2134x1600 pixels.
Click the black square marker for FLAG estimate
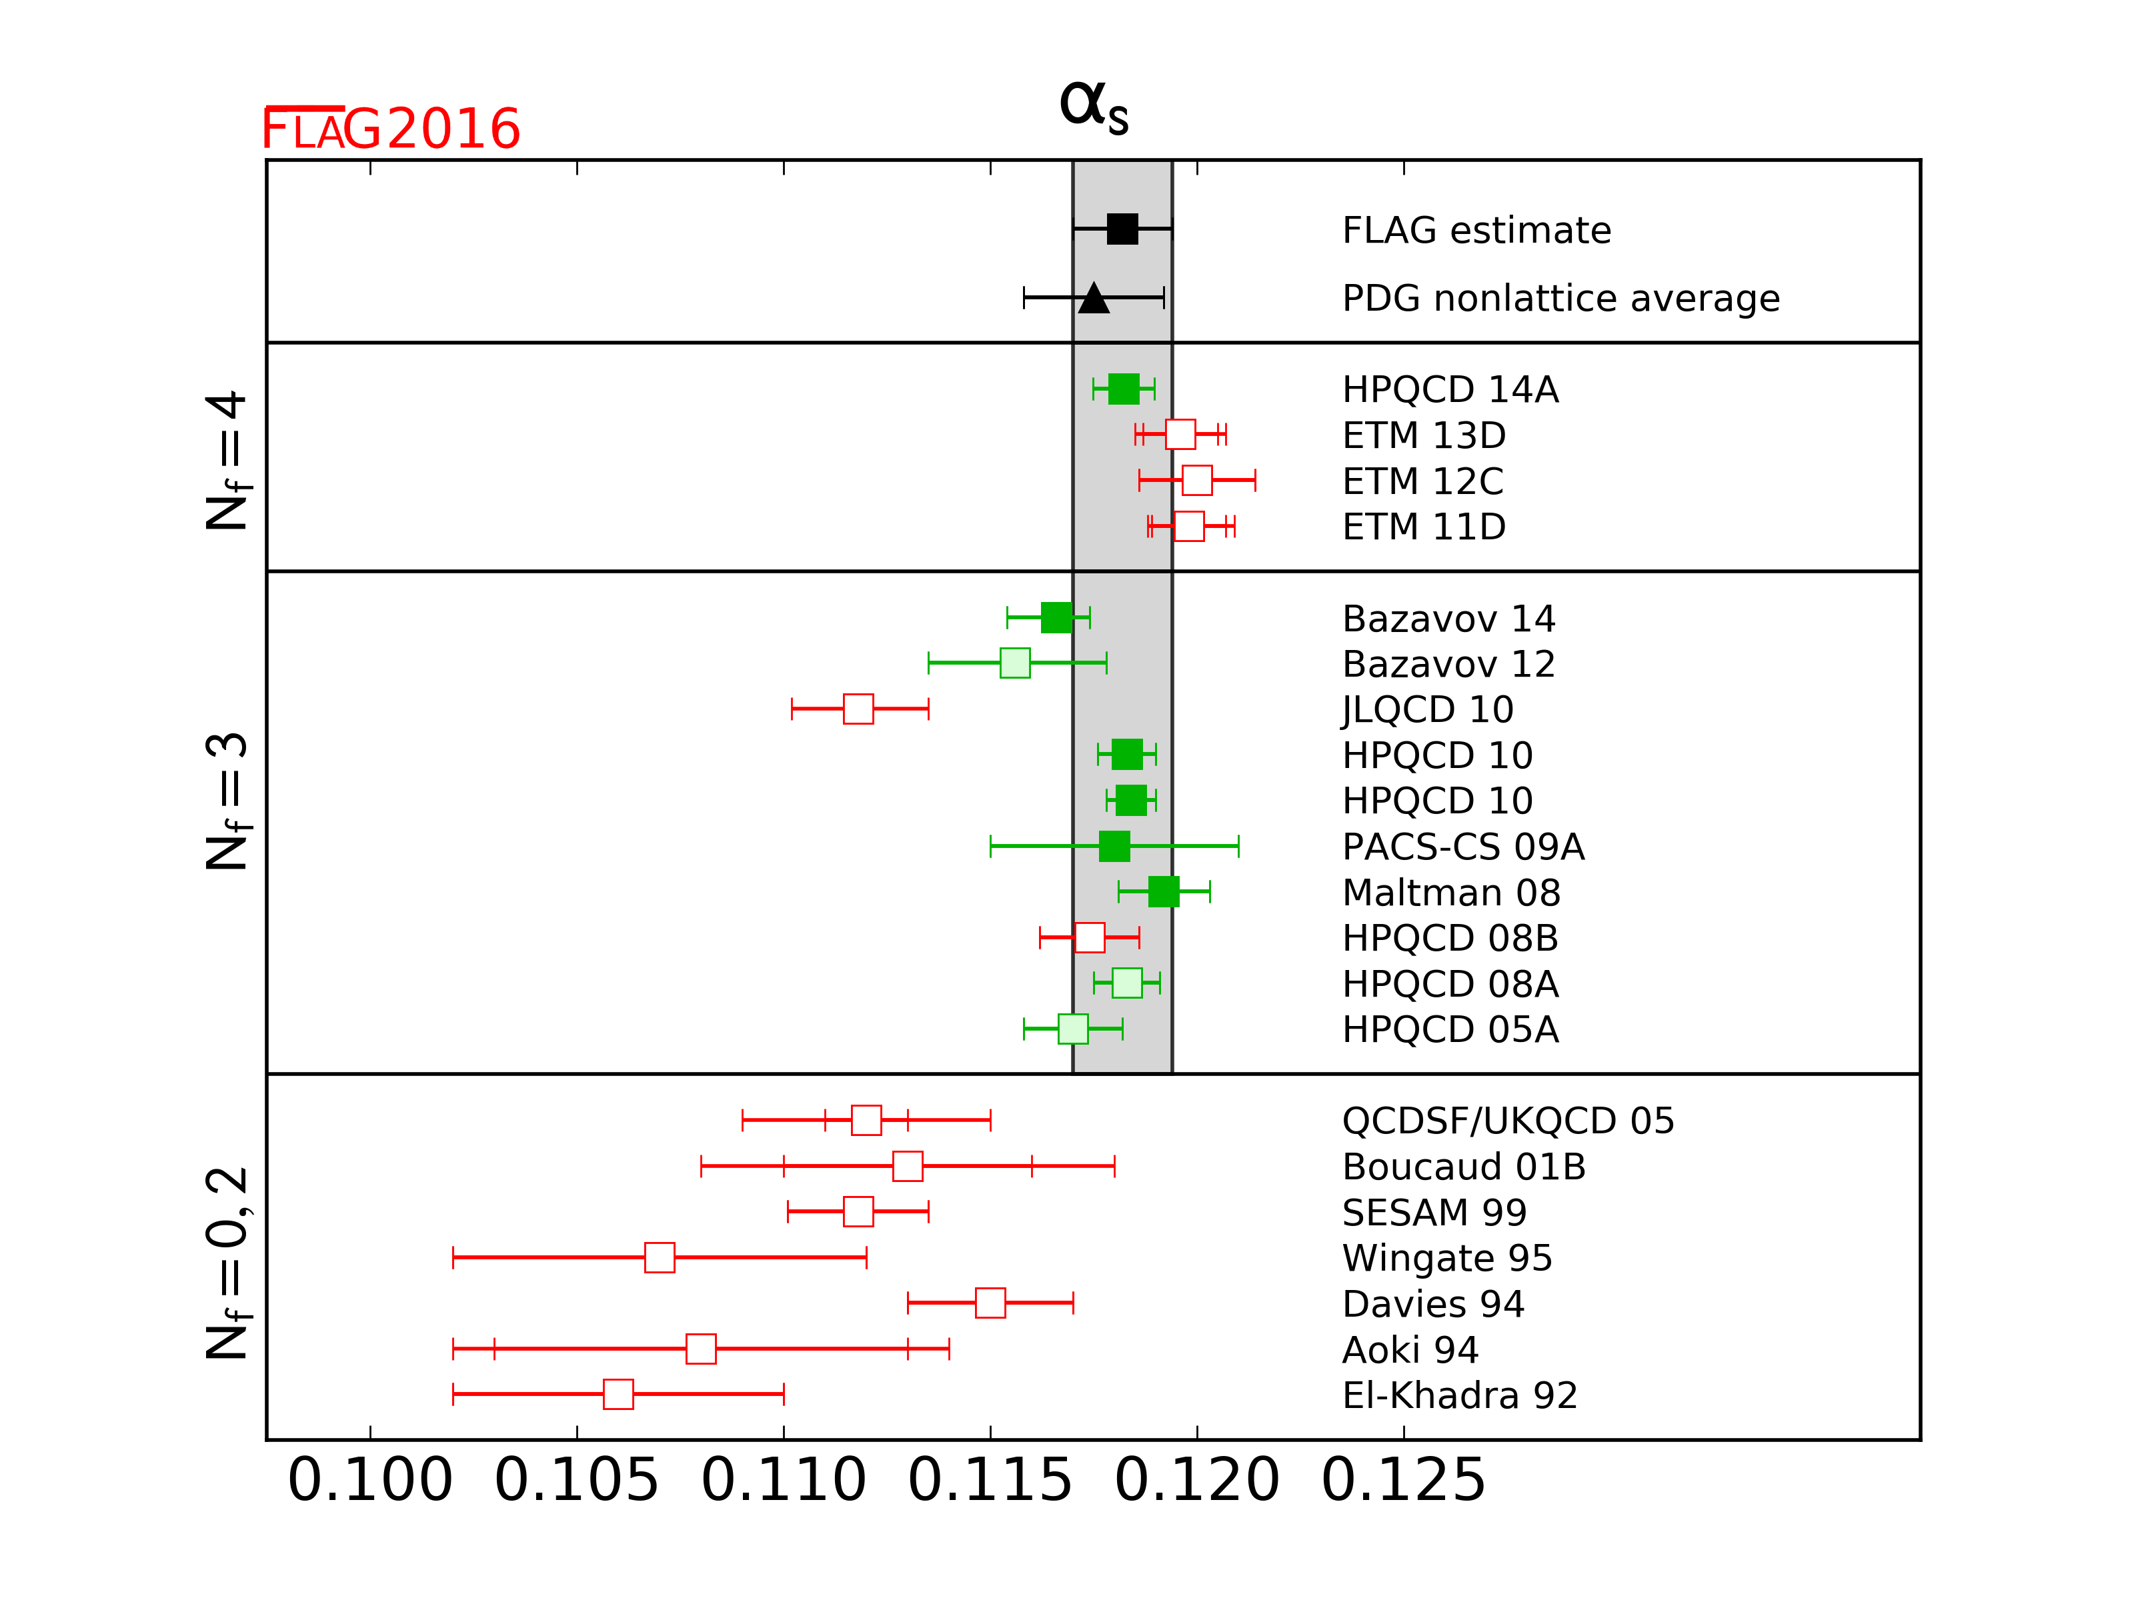click(x=1122, y=229)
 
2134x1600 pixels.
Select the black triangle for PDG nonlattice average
click(x=1093, y=299)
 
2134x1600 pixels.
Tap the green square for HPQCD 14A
click(x=1123, y=389)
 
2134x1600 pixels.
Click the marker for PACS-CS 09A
click(x=1114, y=847)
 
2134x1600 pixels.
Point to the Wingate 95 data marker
click(x=659, y=1257)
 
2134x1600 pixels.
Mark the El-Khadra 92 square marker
click(x=618, y=1395)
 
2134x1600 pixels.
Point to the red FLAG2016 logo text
click(x=391, y=129)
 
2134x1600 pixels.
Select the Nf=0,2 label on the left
click(x=229, y=1263)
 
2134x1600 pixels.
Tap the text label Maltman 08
click(x=1451, y=893)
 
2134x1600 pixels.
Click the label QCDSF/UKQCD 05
click(x=1508, y=1121)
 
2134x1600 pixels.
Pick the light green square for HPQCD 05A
click(x=1073, y=1029)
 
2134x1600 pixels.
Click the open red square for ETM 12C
click(x=1196, y=480)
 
